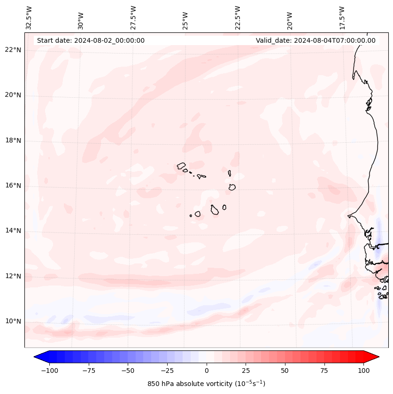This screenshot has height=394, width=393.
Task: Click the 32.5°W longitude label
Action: coord(30,17)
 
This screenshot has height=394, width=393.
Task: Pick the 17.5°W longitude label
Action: coord(342,17)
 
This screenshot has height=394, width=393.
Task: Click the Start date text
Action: coord(91,40)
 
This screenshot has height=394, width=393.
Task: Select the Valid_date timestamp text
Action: coord(316,40)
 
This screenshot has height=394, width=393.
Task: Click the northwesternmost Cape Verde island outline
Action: coord(181,166)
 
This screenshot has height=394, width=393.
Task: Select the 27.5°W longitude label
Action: coord(134,17)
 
